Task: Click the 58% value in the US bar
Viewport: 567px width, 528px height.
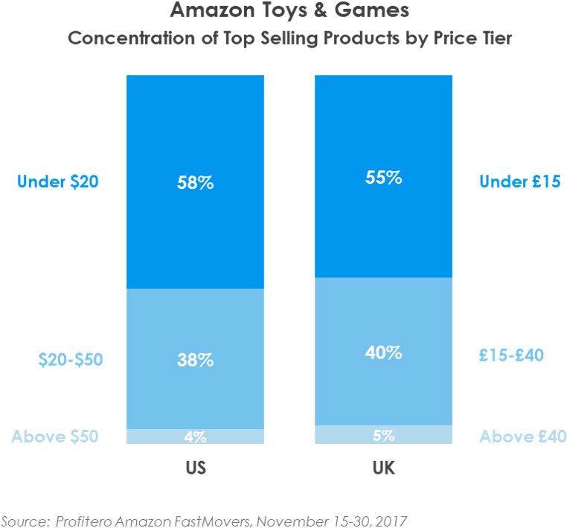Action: pos(195,182)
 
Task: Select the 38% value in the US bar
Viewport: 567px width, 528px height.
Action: pos(195,360)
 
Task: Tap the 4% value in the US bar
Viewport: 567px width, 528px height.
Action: pos(195,437)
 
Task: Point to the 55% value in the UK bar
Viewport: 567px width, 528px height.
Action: pos(383,178)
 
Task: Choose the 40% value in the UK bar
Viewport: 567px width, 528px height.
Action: pos(383,353)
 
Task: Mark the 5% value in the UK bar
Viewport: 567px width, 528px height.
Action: pos(383,436)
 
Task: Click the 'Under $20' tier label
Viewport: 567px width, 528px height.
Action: pos(59,181)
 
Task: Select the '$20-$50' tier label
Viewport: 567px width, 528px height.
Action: pos(71,360)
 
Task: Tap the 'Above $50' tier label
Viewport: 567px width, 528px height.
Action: pos(55,437)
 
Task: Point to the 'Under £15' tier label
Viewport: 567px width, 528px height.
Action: pos(519,181)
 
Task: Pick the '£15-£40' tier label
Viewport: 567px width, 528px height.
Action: pos(511,355)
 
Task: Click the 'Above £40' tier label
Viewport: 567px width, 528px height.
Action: pos(522,437)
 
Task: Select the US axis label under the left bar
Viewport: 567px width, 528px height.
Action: pos(195,469)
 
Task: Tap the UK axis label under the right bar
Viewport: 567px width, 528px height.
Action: pos(383,469)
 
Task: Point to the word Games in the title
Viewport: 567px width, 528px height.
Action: pos(373,11)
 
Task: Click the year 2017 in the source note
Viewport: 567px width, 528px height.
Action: pos(393,519)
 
